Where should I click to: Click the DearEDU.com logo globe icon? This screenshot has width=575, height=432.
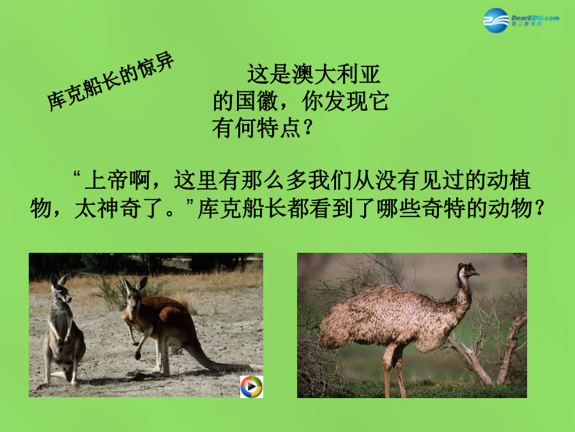click(x=496, y=20)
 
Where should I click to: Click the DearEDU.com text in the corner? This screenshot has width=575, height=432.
click(x=535, y=18)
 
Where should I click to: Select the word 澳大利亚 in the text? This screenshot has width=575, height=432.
click(x=336, y=74)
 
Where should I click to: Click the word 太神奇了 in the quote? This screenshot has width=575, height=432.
click(x=118, y=209)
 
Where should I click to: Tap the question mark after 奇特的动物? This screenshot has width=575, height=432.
click(x=539, y=209)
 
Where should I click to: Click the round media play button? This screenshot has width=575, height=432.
click(x=252, y=387)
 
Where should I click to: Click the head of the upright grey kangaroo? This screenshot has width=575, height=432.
click(x=61, y=289)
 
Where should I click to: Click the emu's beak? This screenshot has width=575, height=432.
click(x=475, y=273)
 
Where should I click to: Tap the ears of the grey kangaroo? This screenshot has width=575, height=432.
click(x=59, y=280)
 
